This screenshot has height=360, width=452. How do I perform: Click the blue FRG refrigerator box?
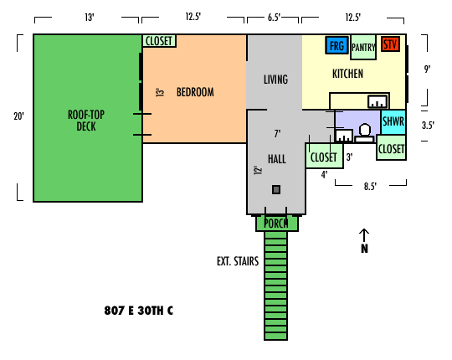(x=336, y=45)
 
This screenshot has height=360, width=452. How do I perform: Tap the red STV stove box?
(x=390, y=44)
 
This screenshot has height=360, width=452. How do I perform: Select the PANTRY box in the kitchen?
(x=363, y=47)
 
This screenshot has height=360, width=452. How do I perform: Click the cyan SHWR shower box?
(x=393, y=122)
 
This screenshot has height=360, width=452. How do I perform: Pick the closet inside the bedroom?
(x=159, y=41)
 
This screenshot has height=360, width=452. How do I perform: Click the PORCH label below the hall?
(x=276, y=224)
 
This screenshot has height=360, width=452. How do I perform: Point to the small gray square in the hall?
(x=276, y=190)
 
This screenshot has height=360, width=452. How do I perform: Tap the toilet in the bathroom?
(x=365, y=133)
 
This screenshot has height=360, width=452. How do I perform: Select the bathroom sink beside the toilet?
(x=344, y=136)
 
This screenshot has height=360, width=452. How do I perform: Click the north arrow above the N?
(x=364, y=235)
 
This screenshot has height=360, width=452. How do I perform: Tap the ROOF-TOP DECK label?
(x=86, y=121)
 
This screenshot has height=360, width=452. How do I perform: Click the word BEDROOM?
(x=195, y=92)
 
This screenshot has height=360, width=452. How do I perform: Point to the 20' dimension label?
(x=18, y=116)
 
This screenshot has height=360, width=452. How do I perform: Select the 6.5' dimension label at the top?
(x=274, y=18)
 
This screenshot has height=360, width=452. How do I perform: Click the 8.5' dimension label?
(x=370, y=187)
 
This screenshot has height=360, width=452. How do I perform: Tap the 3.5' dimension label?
(x=428, y=126)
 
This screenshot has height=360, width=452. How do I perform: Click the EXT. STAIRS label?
(x=238, y=261)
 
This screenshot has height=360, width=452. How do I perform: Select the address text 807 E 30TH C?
(x=139, y=311)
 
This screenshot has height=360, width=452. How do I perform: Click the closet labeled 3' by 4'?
(x=324, y=156)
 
